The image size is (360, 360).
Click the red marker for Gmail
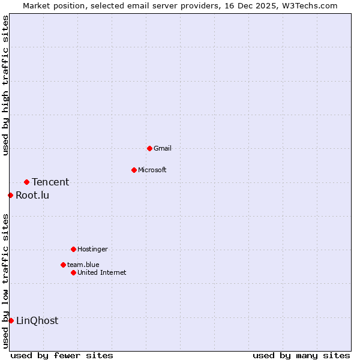[x=149, y=148]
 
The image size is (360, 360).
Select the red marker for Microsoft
[x=134, y=170]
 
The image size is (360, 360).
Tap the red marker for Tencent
[x=26, y=182]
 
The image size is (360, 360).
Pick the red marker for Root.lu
[x=10, y=195]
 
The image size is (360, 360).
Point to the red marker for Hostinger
[x=73, y=249]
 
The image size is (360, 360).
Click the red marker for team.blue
[x=63, y=265]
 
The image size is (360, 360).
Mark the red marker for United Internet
[x=73, y=272]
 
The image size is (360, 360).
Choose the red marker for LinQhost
[x=11, y=320]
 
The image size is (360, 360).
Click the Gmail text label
[x=163, y=148]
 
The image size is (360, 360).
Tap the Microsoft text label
[x=152, y=170]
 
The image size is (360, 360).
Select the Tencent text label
[x=50, y=182]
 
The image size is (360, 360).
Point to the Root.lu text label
[x=32, y=195]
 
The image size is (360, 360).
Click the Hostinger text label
[x=92, y=249]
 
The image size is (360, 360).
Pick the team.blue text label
[x=83, y=265]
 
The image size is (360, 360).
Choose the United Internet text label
[x=102, y=272]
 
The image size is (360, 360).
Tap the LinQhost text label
[x=37, y=320]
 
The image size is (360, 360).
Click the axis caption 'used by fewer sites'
[x=62, y=355]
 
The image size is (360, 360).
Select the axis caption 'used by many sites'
[x=301, y=355]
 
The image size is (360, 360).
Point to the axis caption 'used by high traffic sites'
[x=5, y=85]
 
